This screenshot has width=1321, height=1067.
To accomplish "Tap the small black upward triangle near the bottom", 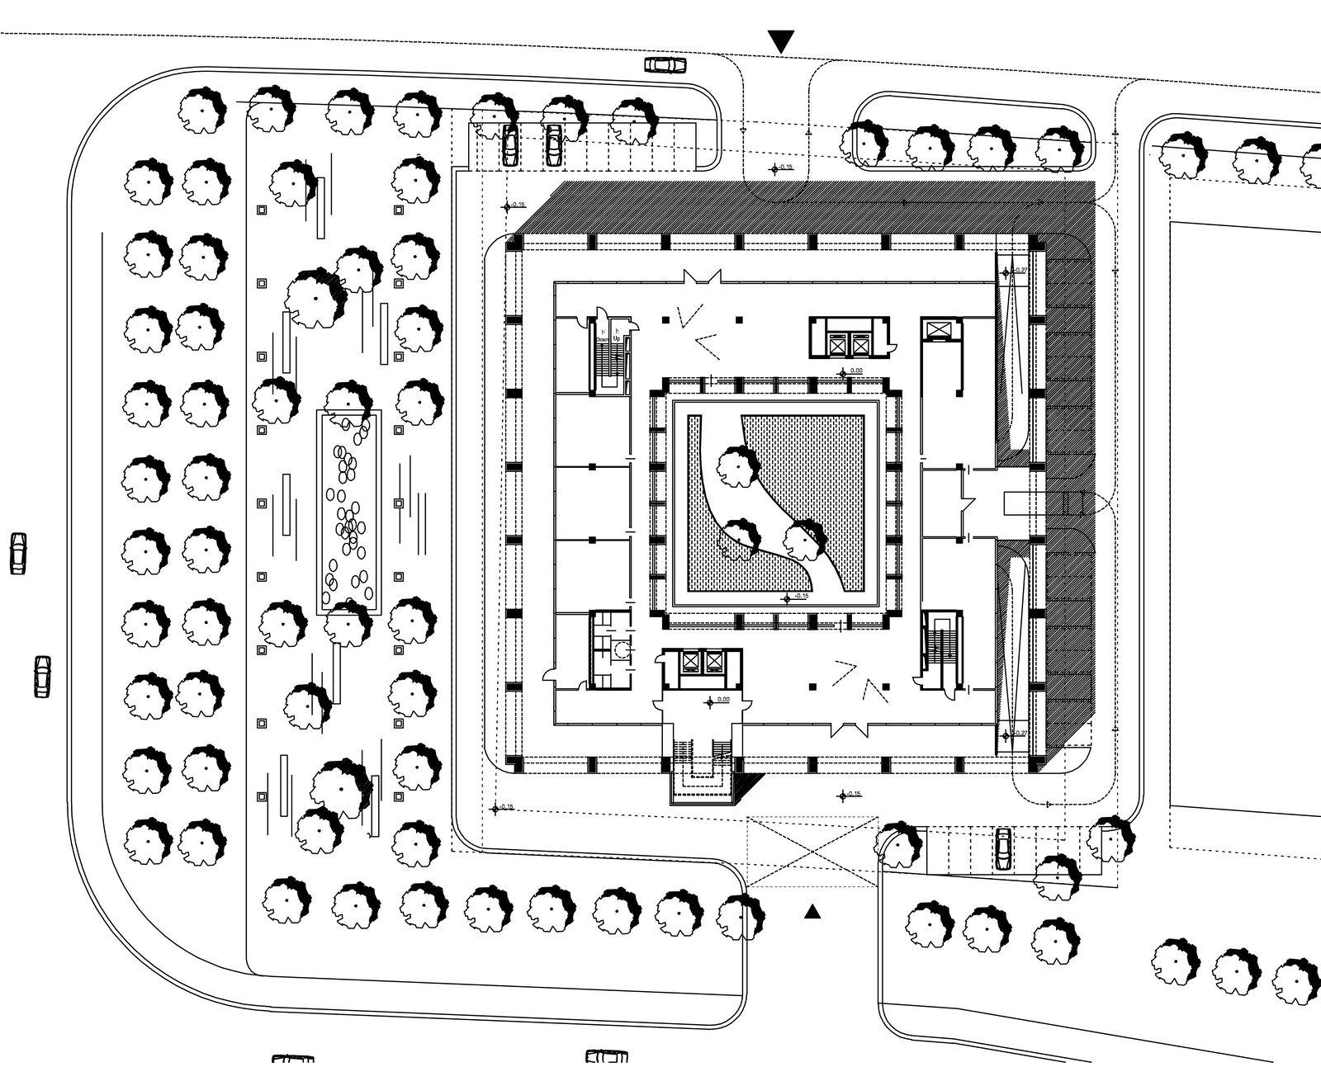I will coord(813,911).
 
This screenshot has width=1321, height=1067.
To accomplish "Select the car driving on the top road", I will coord(665,64).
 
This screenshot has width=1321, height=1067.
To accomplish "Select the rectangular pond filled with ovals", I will coord(348,512).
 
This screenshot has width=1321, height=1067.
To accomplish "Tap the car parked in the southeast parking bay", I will coord(1003,848).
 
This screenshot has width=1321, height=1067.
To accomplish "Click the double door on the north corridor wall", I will coord(701,278).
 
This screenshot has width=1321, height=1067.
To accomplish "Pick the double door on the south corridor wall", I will coord(851,729).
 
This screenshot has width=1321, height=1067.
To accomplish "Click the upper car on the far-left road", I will coord(18,553).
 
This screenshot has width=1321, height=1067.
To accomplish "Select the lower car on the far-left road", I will coord(42,676).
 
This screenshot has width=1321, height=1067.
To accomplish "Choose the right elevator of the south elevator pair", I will coord(713,661).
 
